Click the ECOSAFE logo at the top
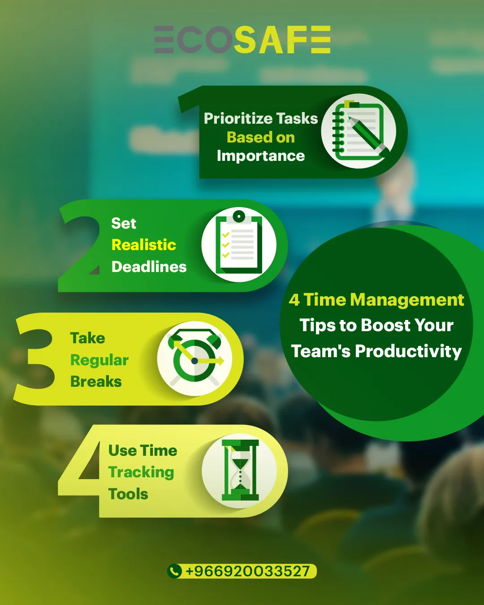coord(242,39)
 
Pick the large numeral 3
coord(35,359)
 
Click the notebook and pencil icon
coord(359,131)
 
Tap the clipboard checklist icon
coord(239,245)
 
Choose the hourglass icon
coord(239,471)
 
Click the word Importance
coord(261,156)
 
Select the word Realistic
coord(144,245)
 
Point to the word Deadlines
coord(149,267)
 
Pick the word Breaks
coord(96,381)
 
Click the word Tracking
coord(141,472)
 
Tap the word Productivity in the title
coord(408,351)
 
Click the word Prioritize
coord(238,119)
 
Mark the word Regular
coord(99,360)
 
